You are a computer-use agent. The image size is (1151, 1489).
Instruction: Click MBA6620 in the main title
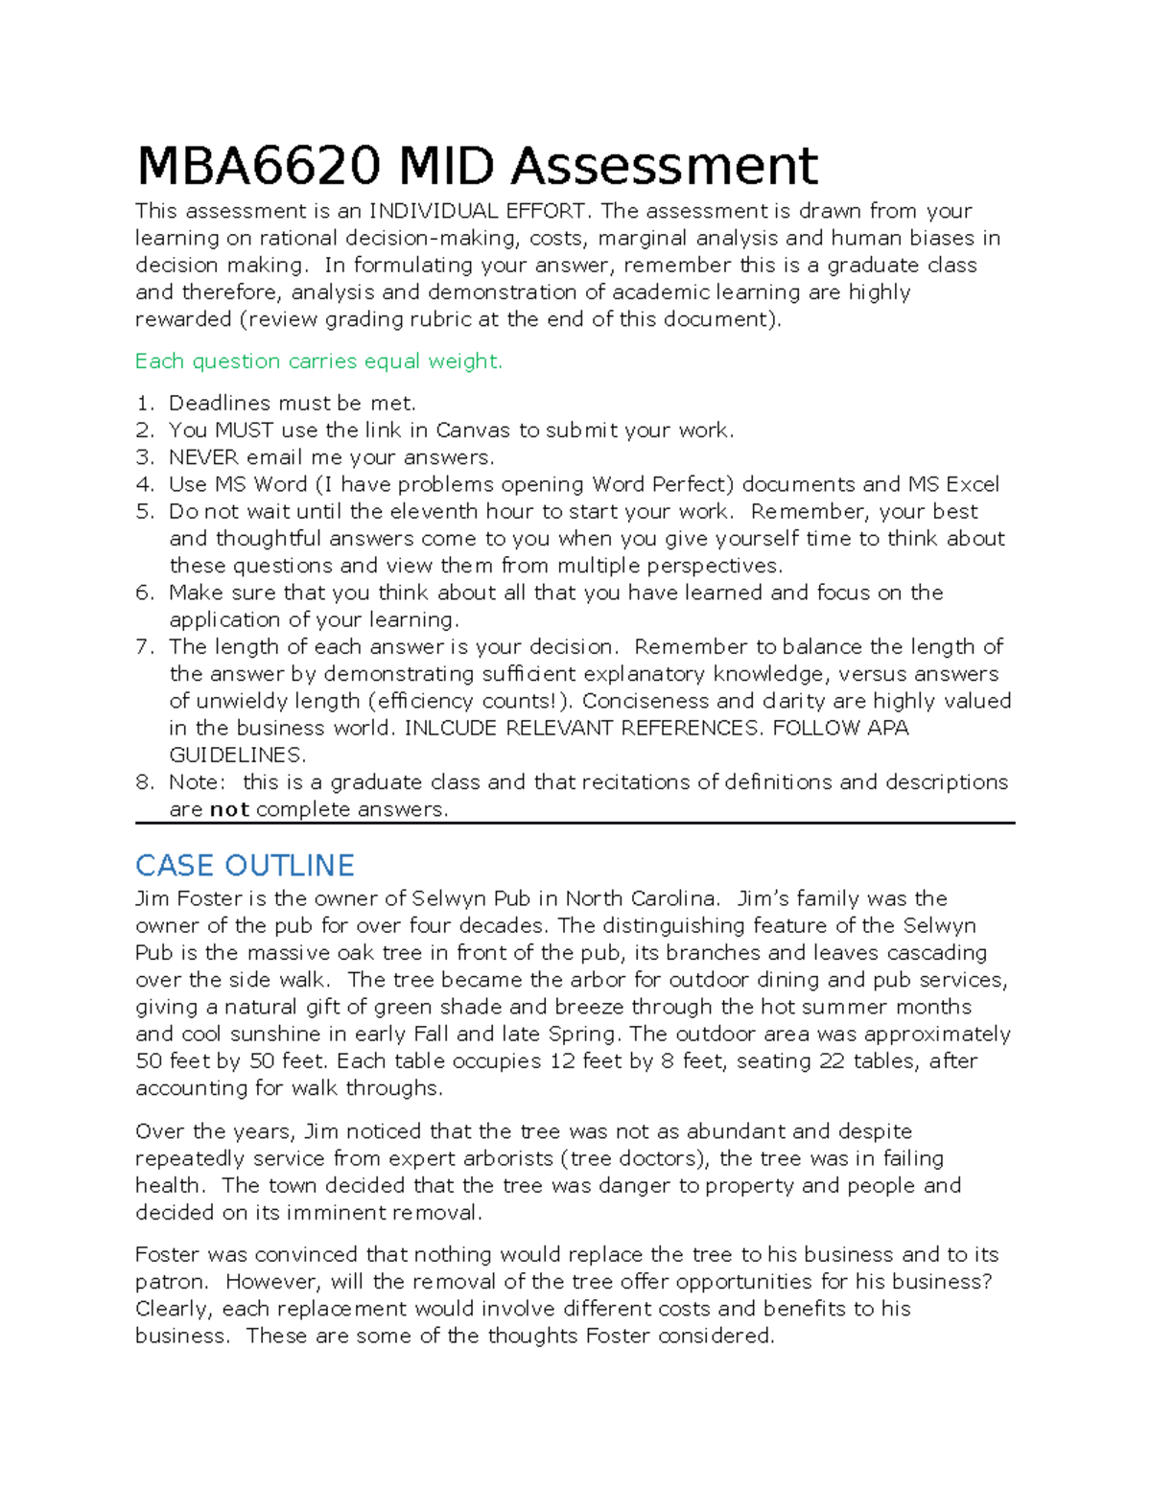(257, 166)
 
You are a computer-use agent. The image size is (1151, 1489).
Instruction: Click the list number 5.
(144, 512)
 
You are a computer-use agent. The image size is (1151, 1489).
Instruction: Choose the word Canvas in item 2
(473, 430)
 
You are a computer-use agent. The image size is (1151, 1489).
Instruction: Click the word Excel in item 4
(973, 484)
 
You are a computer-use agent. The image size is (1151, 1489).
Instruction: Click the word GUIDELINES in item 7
(237, 755)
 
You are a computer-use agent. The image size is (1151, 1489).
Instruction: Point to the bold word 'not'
(229, 809)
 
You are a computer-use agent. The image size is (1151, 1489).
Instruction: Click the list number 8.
(144, 782)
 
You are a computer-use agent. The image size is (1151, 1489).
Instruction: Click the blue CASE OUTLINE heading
(245, 866)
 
